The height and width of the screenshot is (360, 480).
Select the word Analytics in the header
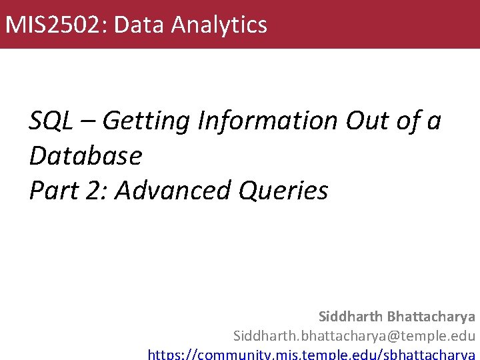[219, 25]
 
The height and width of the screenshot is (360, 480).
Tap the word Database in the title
[85, 155]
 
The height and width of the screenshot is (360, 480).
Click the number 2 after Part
[96, 191]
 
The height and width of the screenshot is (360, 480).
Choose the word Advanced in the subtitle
[170, 191]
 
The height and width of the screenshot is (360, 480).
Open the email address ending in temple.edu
[354, 335]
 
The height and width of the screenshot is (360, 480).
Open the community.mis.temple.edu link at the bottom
[311, 353]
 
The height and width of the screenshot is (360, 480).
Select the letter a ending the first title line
[435, 122]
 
